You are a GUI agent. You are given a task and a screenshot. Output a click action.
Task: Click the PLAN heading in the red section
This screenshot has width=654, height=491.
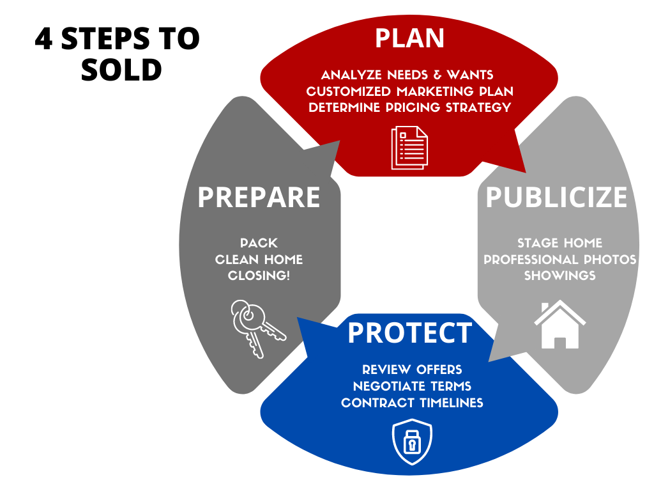[x=409, y=38]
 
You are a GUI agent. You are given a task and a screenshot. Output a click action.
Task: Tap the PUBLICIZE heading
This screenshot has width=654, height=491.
[x=556, y=197]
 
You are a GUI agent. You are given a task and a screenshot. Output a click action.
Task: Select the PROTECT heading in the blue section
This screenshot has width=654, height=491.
[x=410, y=332]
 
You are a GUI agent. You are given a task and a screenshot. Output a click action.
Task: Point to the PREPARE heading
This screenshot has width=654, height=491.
[x=259, y=197]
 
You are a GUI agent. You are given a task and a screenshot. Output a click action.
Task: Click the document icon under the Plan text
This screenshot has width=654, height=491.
[x=409, y=148]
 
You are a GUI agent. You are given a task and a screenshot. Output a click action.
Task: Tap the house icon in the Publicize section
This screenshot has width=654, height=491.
[x=559, y=324]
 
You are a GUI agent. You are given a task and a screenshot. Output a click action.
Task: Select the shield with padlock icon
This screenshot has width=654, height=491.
[x=412, y=442]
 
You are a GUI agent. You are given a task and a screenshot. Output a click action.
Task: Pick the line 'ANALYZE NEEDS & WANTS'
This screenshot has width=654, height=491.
[x=407, y=75]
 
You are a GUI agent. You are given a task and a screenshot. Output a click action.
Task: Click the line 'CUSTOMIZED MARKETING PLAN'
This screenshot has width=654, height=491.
[x=409, y=91]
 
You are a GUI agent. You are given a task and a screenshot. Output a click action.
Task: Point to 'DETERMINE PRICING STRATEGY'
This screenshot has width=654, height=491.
[x=409, y=107]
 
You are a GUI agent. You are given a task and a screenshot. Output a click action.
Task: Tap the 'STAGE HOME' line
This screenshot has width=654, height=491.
[x=559, y=243]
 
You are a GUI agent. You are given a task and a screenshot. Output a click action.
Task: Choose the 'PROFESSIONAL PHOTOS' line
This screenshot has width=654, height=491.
[x=559, y=260]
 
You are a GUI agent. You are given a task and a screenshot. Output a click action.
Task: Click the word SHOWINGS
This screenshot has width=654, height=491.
[x=559, y=276]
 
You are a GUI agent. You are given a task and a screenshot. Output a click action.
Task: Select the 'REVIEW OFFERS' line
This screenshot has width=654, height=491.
[x=412, y=370]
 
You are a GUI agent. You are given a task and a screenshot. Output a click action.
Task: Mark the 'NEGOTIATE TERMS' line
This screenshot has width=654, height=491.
[x=412, y=386]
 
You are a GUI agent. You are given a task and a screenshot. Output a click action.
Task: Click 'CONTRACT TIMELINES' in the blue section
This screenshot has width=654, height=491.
[x=412, y=403]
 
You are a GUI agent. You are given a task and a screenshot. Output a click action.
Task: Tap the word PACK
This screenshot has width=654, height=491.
[x=259, y=243]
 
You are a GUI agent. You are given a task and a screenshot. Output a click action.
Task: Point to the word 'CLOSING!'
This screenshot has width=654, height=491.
[x=259, y=276]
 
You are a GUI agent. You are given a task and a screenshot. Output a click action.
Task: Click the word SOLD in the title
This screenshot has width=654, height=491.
[x=121, y=70]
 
